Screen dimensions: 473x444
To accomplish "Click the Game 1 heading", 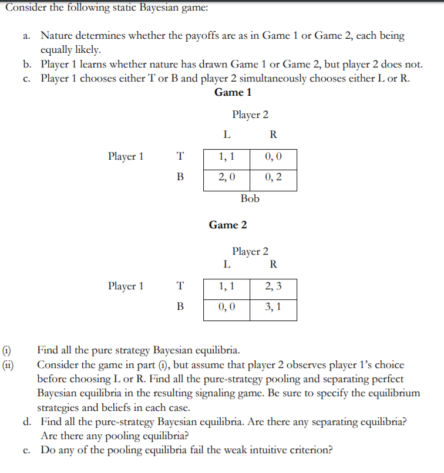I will pos(233,92).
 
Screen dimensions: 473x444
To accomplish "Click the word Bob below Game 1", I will pos(250,198).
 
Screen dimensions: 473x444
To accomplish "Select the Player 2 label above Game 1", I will pos(250,114).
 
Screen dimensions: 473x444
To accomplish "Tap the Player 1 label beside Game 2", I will pos(126,286).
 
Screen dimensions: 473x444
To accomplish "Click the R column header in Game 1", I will pos(273,134).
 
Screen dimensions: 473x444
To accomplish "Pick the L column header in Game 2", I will pos(227,264).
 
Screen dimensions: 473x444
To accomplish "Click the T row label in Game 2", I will pos(180,286).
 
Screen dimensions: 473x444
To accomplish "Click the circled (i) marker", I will pos(11,351).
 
